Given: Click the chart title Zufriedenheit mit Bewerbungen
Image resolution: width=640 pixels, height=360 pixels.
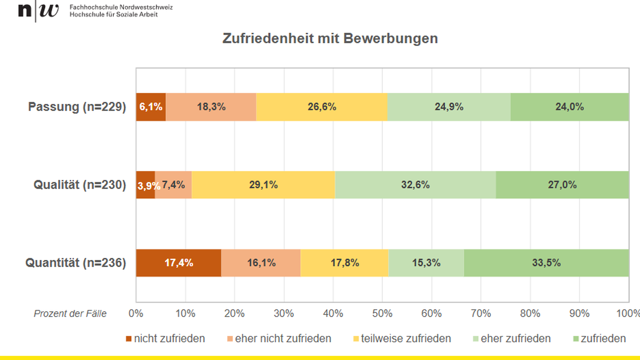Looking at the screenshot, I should [x=330, y=38].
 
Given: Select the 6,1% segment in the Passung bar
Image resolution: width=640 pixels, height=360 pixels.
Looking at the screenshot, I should [x=151, y=107].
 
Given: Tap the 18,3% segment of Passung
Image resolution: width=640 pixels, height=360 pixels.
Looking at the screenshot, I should [x=211, y=107].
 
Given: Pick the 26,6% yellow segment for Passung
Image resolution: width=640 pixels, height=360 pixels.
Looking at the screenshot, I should [x=322, y=107].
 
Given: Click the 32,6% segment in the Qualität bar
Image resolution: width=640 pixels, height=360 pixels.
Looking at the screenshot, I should [x=415, y=185].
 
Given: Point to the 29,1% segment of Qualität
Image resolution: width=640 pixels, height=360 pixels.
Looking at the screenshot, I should [x=263, y=185].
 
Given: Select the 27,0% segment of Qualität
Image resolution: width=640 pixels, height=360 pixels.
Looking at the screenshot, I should [x=562, y=185].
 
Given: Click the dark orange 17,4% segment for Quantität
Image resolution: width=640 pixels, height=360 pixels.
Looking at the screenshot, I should [x=179, y=263].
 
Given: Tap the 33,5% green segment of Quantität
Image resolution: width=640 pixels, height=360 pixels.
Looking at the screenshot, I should [x=546, y=263].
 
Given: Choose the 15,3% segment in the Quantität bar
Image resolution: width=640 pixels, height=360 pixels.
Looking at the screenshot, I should [x=426, y=263].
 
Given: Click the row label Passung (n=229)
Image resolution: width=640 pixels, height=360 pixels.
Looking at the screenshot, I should [x=77, y=107].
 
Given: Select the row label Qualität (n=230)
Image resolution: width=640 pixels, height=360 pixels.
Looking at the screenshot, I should [x=80, y=185].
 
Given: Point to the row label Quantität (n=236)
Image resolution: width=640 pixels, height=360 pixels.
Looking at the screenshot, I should [x=76, y=263].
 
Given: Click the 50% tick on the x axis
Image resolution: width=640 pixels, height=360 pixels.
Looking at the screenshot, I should [x=382, y=314].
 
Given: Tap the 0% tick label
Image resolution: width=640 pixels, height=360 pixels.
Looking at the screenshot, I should [x=136, y=314].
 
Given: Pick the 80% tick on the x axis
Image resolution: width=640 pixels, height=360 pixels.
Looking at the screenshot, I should [x=530, y=314].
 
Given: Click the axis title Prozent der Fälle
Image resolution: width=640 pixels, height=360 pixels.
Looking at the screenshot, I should [x=70, y=314].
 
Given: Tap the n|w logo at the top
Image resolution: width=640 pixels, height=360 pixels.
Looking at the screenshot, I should [x=38, y=11].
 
